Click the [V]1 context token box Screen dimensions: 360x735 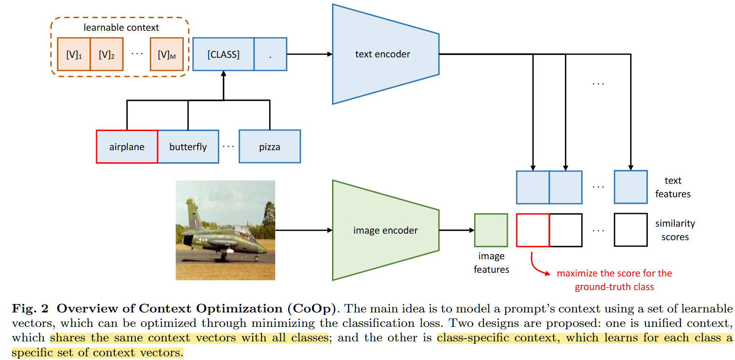(74, 54)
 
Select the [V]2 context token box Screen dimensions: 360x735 (107, 54)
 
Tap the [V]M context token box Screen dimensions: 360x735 (166, 54)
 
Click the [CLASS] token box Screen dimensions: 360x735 (223, 54)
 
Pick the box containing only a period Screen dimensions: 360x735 (270, 54)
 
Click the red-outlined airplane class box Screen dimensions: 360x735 (127, 146)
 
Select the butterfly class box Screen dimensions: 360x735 (188, 146)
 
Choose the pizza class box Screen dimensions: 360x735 (270, 146)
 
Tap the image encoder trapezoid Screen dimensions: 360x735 (385, 230)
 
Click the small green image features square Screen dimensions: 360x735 (491, 230)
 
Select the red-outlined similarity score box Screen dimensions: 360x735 (533, 230)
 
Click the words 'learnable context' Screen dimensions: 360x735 (121, 28)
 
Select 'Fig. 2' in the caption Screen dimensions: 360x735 (30, 309)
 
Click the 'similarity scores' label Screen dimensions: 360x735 (675, 230)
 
